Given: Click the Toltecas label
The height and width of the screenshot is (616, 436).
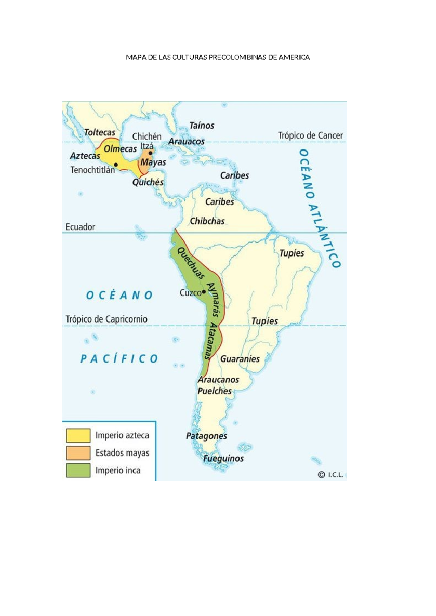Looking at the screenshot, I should point(100,132).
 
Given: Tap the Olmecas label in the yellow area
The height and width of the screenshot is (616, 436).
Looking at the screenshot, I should point(120,149).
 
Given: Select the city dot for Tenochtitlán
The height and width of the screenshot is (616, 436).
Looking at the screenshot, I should point(116,164).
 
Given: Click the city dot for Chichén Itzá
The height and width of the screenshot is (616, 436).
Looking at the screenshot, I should point(150,153).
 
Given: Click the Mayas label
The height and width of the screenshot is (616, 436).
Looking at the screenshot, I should point(153,162).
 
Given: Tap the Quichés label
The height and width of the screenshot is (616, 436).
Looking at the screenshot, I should point(148,182).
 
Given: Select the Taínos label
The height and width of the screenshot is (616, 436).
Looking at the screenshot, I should point(202,126).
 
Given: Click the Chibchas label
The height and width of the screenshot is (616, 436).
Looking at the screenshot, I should point(207,221).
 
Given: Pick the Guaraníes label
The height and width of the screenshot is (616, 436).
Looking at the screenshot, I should point(240,359).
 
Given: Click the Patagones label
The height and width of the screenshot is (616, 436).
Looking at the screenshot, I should point(206,436).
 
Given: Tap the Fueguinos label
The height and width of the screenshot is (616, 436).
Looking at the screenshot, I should point(223,458).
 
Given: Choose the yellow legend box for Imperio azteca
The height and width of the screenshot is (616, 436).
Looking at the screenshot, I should point(78,435).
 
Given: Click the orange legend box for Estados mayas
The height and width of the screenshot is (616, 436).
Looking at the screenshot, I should point(78,453).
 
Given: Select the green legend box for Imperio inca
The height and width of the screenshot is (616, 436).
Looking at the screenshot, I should point(78,470).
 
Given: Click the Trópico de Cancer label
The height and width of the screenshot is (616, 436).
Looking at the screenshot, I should point(310,135).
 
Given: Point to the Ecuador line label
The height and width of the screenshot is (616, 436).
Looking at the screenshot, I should point(80,227).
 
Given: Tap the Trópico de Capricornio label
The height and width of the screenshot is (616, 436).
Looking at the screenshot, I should point(106,319).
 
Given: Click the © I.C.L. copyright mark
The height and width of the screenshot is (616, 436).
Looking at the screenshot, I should point(330,475).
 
